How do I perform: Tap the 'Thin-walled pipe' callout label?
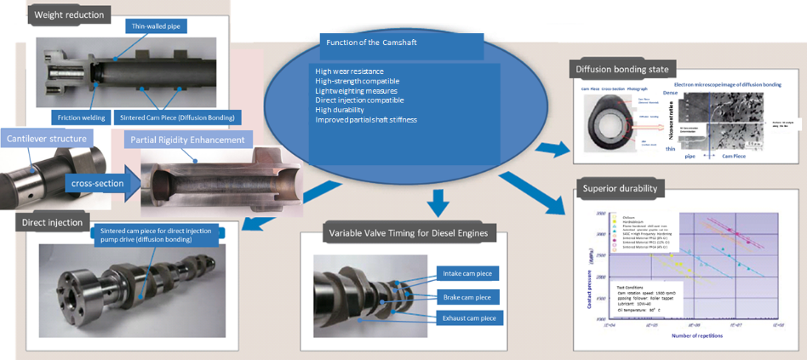[159, 26]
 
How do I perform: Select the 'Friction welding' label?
[83, 117]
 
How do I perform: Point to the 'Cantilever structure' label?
[47, 138]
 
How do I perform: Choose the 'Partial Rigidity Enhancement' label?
[187, 140]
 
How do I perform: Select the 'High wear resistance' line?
[349, 71]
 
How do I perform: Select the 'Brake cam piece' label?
[467, 297]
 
